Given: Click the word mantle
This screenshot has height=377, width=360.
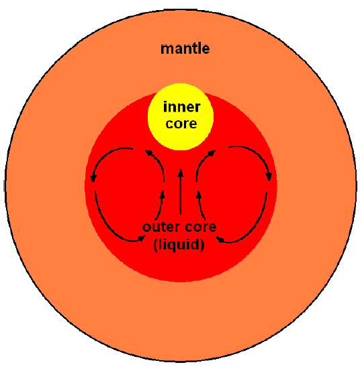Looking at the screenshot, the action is [185, 48].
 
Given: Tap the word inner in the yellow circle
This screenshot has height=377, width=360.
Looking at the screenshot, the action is [182, 107].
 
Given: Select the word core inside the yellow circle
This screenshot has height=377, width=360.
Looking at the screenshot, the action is [181, 124].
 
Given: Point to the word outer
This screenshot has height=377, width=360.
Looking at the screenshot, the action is [161, 227].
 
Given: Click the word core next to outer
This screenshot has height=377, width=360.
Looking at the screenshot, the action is [201, 227].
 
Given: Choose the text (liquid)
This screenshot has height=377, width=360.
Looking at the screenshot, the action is [179, 245].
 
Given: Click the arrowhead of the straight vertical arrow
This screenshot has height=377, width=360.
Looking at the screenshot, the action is [181, 173].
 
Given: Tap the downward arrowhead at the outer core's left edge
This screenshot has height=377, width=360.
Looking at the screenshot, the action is [93, 178].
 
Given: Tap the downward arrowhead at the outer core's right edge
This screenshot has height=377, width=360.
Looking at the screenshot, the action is [269, 177].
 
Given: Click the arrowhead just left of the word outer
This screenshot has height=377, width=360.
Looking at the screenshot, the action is [141, 238].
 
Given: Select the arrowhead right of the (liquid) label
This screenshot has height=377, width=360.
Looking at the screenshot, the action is [220, 239].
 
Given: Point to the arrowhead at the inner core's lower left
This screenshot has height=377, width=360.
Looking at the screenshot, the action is [148, 153].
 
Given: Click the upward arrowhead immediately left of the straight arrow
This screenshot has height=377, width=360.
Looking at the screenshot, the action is [163, 194].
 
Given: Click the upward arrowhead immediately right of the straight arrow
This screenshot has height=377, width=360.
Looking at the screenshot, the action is [199, 194].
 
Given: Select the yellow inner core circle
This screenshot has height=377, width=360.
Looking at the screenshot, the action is [181, 117].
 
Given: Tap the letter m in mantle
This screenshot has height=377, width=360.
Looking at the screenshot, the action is [167, 50].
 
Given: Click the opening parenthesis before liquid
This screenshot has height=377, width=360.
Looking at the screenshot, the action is [155, 245].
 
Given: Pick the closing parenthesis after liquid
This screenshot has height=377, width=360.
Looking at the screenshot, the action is [203, 245].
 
